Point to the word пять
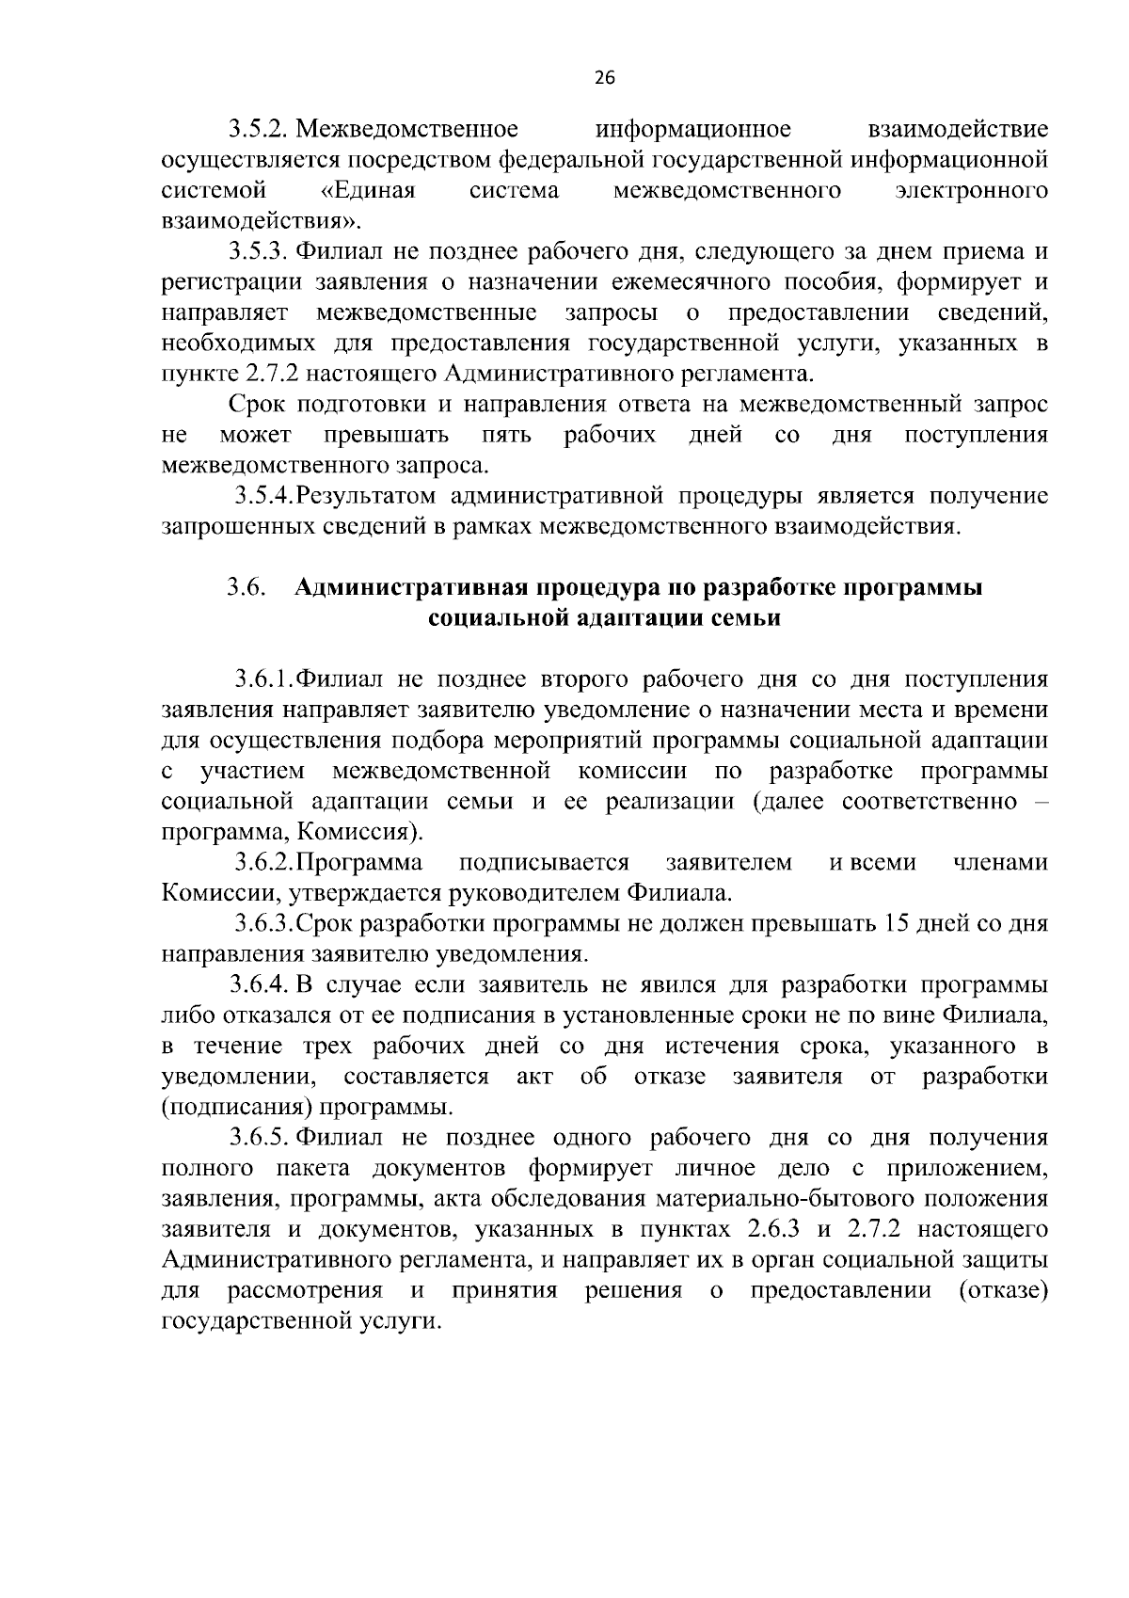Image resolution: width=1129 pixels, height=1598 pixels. pyautogui.click(x=506, y=435)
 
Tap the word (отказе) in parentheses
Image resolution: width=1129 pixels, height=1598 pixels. pyautogui.click(x=1003, y=1290)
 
